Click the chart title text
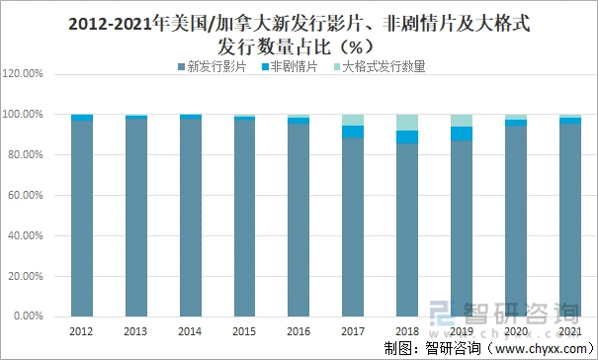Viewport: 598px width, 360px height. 299,34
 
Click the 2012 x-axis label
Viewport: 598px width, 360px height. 81,331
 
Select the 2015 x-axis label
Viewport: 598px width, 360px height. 243,331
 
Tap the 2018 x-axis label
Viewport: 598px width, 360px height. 406,331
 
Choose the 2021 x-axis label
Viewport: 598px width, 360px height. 569,331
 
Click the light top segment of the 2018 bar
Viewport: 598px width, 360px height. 406,123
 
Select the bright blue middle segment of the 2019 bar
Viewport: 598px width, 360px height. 461,134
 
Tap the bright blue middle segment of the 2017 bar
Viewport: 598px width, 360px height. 352,132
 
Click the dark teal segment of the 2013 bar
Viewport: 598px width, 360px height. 135,218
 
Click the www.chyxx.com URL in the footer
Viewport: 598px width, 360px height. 540,348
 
